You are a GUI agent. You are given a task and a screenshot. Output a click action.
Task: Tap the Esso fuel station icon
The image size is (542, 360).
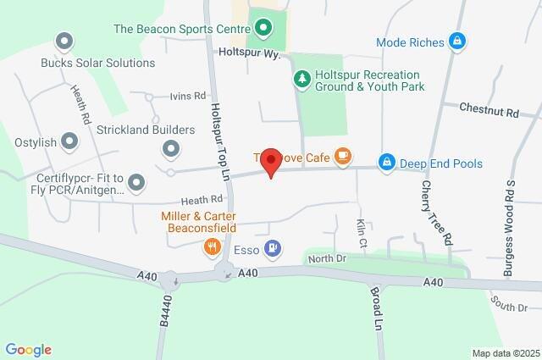[273, 248]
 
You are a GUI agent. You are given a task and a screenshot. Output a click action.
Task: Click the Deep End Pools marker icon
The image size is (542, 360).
[387, 161]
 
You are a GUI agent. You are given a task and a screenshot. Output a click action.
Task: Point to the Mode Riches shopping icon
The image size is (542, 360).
[457, 41]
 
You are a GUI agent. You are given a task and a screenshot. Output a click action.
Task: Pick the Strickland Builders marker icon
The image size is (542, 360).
[171, 150]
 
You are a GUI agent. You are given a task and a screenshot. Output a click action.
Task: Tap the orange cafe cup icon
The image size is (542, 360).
[342, 156]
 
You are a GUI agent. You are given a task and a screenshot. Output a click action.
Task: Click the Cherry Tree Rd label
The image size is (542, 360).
[437, 213]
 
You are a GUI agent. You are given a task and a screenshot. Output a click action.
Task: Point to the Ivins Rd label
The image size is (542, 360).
[188, 96]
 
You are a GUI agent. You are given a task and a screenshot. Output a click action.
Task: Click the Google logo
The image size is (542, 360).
[28, 349]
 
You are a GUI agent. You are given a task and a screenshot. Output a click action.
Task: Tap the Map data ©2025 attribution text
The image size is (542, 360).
[505, 352]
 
